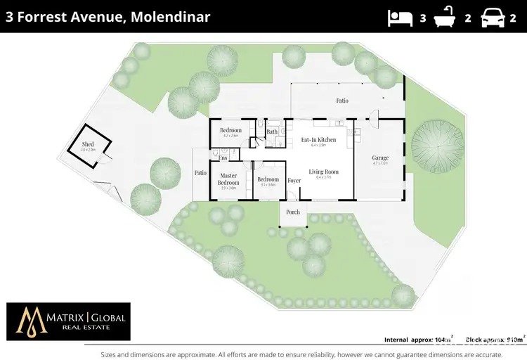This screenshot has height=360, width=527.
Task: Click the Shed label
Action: (87, 144)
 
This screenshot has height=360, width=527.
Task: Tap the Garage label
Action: (380, 157)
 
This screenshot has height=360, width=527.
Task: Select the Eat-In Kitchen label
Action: (318, 139)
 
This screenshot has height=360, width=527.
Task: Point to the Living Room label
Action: (323, 172)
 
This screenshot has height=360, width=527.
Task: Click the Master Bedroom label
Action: (228, 179)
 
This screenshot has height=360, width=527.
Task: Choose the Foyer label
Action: (294, 181)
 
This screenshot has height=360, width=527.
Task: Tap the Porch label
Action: (293, 212)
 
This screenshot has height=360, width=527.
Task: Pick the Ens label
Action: (222, 157)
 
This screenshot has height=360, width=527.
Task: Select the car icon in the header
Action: (493, 18)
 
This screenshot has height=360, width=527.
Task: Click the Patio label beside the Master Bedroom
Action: (200, 172)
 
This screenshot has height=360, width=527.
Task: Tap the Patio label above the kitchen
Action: (341, 101)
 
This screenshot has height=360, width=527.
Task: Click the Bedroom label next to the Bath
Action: (230, 131)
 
